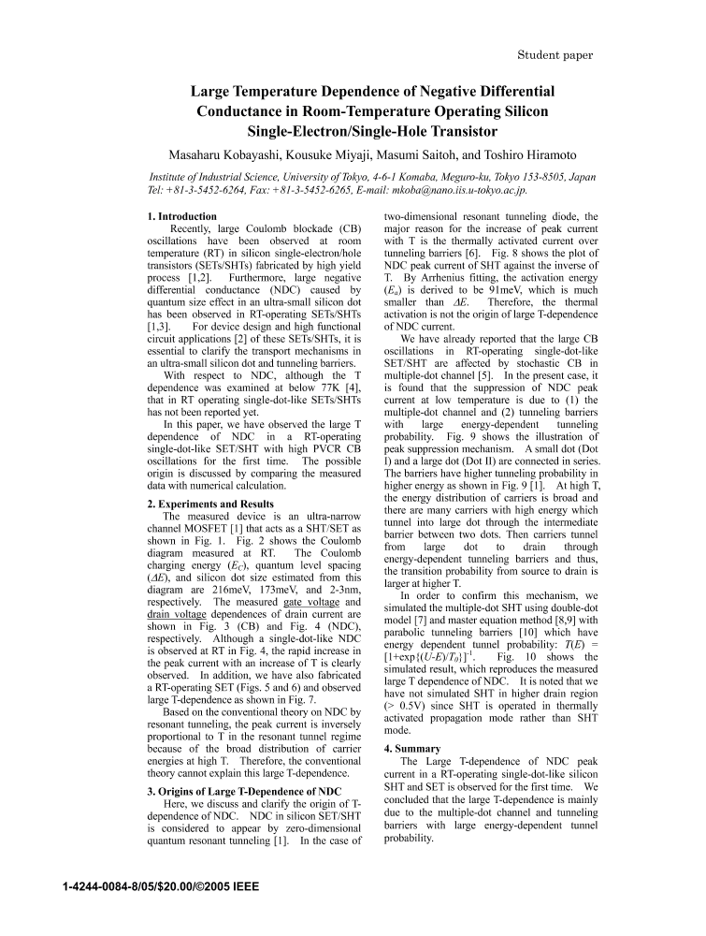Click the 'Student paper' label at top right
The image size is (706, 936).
(555, 55)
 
